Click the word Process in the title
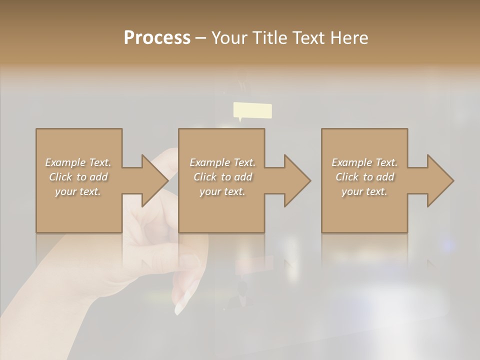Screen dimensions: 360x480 click(157, 38)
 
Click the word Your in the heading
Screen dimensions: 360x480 click(229, 38)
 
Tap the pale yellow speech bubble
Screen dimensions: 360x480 click(252, 110)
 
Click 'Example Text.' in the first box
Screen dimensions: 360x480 click(78, 162)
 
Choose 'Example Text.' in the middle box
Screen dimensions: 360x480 click(222, 162)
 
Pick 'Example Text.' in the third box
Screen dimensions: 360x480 click(364, 162)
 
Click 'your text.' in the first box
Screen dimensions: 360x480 click(78, 191)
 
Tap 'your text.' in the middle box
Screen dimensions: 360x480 click(222, 191)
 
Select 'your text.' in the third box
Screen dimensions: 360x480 click(364, 191)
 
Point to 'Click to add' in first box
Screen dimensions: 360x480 click(78, 177)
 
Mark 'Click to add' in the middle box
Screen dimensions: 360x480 click(222, 177)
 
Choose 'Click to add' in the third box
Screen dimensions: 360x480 click(364, 177)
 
